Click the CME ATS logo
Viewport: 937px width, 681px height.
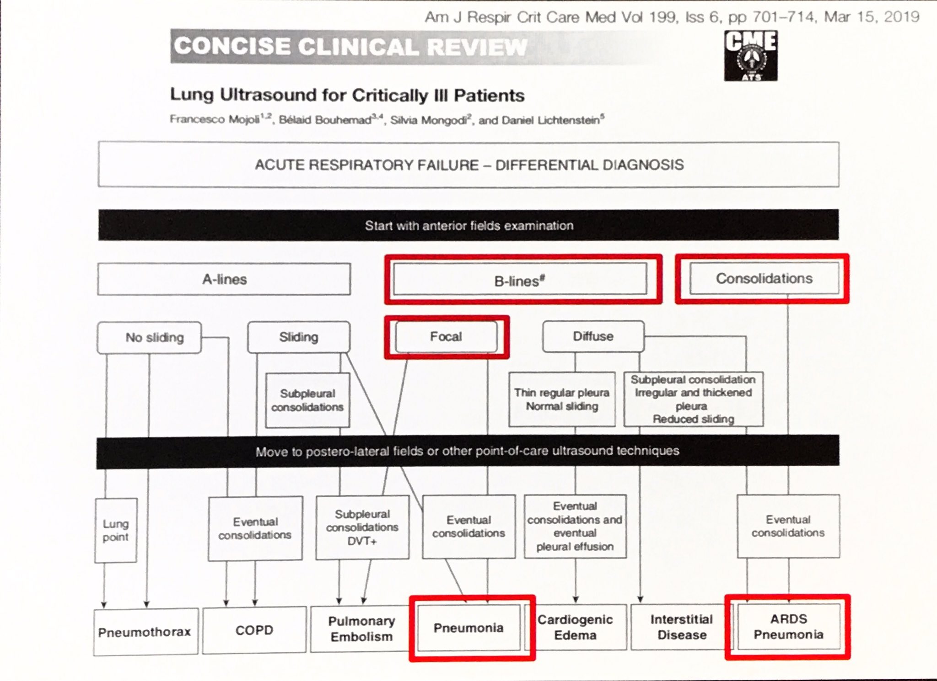[x=750, y=55]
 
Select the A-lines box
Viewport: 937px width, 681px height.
[x=224, y=279]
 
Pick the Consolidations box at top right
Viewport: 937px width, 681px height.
[x=764, y=278]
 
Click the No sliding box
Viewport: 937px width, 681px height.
[x=149, y=337]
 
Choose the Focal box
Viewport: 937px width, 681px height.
[x=446, y=336]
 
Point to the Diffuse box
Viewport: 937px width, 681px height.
[x=593, y=336]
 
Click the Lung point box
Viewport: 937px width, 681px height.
[x=116, y=530]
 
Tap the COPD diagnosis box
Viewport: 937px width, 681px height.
[x=254, y=630]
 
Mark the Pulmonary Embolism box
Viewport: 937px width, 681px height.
[x=361, y=628]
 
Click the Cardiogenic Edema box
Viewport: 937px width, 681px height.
[x=575, y=627]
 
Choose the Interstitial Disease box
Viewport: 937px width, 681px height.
[x=682, y=627]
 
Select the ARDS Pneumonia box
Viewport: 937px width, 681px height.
[x=789, y=626]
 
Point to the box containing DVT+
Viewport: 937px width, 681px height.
[x=362, y=527]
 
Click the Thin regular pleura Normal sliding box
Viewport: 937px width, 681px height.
[x=562, y=399]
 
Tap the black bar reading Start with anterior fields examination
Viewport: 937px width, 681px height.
[x=468, y=225]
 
